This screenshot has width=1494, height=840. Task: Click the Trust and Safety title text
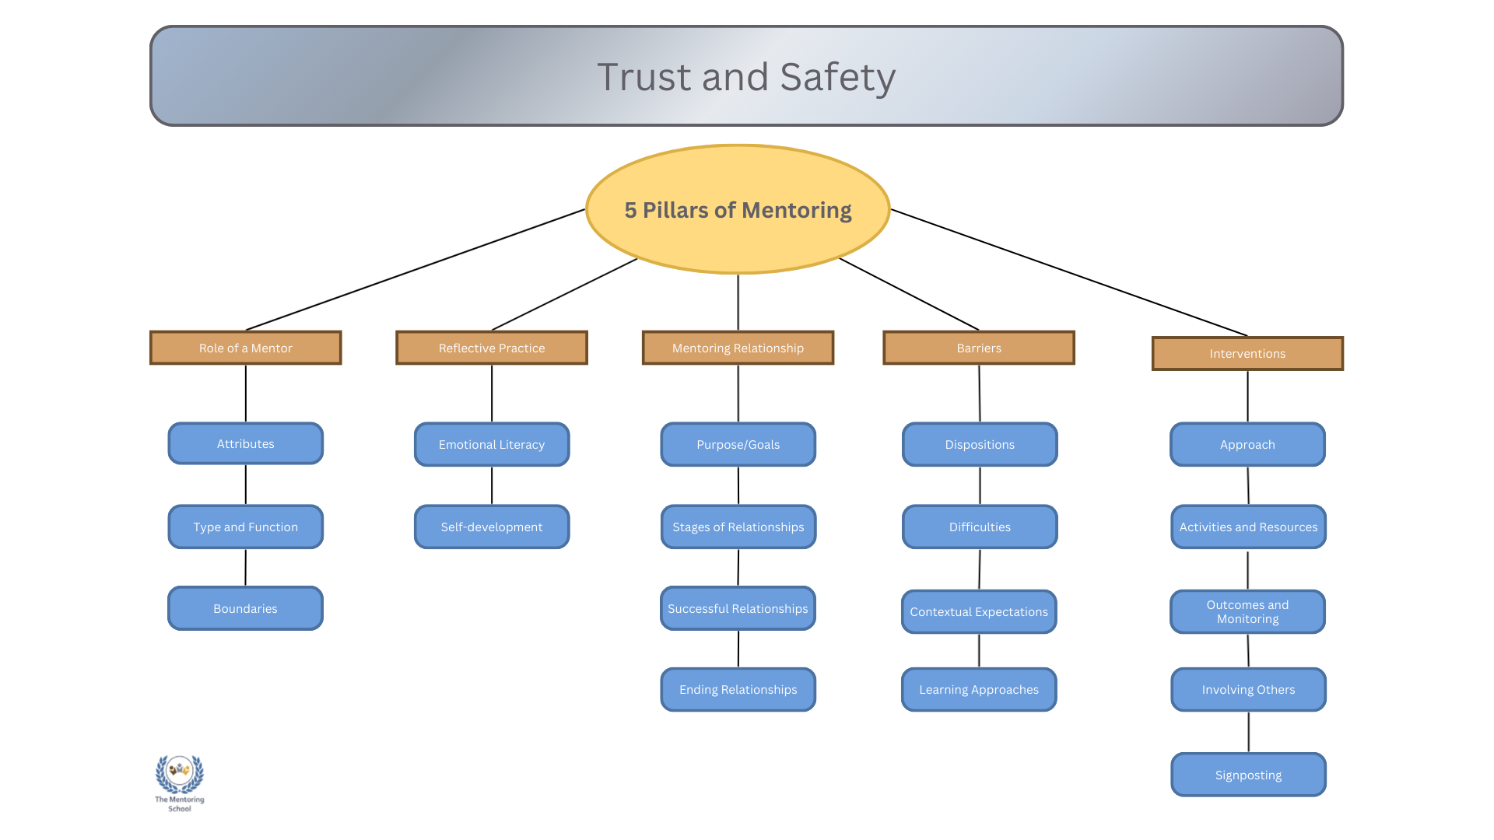tap(746, 77)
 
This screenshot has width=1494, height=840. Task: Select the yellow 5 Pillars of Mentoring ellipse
tap(738, 209)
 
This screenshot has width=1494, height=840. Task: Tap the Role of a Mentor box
tap(245, 348)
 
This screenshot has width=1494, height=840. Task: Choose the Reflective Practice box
tap(492, 348)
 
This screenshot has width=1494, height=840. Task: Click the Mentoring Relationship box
tap(738, 348)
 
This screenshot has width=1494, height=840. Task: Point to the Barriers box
tap(979, 348)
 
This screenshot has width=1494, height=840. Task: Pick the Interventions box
tap(1247, 353)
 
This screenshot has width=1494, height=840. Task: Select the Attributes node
tap(245, 443)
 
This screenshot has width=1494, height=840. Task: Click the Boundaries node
tap(245, 608)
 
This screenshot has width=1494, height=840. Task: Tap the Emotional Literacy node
tap(492, 444)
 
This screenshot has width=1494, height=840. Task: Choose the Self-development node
tap(492, 527)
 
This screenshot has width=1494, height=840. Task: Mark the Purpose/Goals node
tap(738, 444)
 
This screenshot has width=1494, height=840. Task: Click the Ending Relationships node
tap(738, 689)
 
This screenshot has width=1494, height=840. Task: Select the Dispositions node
tap(980, 444)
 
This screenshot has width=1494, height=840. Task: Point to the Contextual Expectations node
tap(979, 611)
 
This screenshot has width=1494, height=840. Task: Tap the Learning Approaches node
tap(979, 689)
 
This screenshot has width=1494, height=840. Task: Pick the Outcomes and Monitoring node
tap(1247, 611)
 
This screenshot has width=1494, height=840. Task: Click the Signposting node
tap(1248, 775)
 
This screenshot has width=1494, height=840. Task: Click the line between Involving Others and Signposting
tap(1249, 732)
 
